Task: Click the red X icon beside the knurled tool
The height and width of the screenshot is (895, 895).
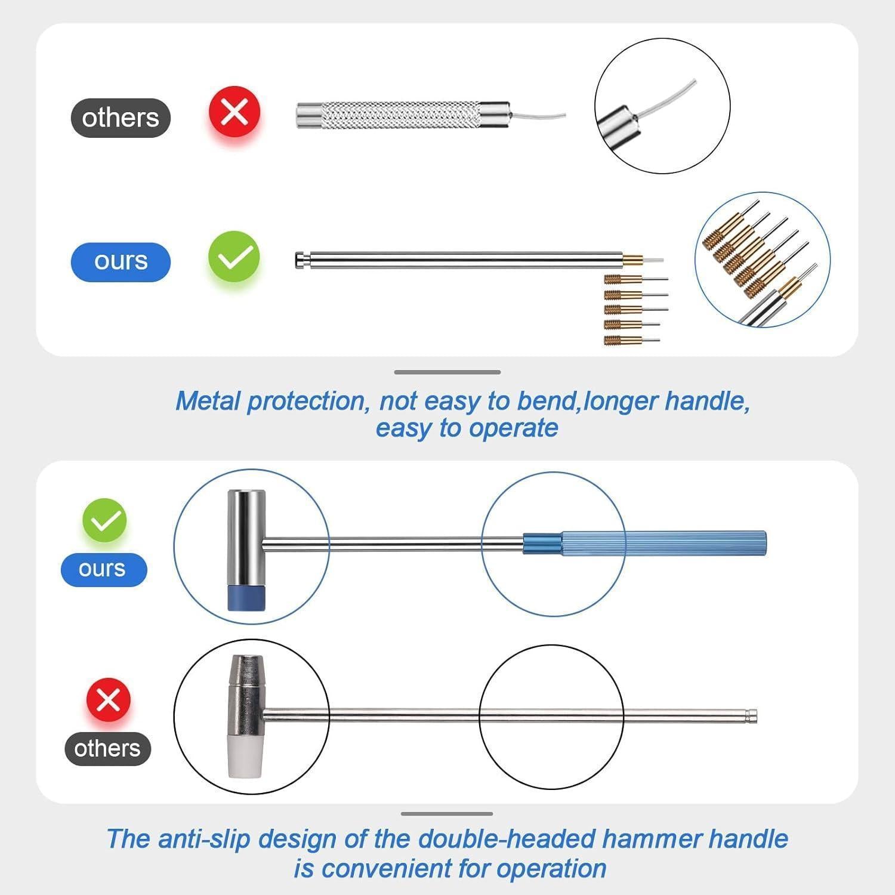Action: pyautogui.click(x=234, y=112)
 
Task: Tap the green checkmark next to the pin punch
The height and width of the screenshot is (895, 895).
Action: pyautogui.click(x=234, y=257)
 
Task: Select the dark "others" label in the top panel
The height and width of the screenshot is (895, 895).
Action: pyautogui.click(x=121, y=118)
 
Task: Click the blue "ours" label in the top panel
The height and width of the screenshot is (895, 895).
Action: pyautogui.click(x=121, y=262)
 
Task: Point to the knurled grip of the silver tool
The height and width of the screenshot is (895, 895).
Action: pyautogui.click(x=400, y=115)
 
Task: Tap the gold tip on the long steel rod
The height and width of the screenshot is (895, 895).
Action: pyautogui.click(x=632, y=260)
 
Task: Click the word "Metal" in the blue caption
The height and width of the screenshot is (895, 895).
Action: pyautogui.click(x=208, y=401)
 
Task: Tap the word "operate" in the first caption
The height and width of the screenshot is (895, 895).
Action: pyautogui.click(x=514, y=428)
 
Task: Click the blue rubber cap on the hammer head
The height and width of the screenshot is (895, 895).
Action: pyautogui.click(x=246, y=598)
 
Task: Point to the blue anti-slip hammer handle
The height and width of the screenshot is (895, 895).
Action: pyautogui.click(x=645, y=543)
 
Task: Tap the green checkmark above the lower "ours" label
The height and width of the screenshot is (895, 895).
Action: pyautogui.click(x=104, y=520)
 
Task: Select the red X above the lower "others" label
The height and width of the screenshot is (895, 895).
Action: pyautogui.click(x=108, y=700)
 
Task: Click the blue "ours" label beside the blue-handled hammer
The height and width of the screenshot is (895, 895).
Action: pyautogui.click(x=104, y=569)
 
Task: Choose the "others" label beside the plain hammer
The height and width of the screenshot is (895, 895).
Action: pyautogui.click(x=107, y=748)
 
